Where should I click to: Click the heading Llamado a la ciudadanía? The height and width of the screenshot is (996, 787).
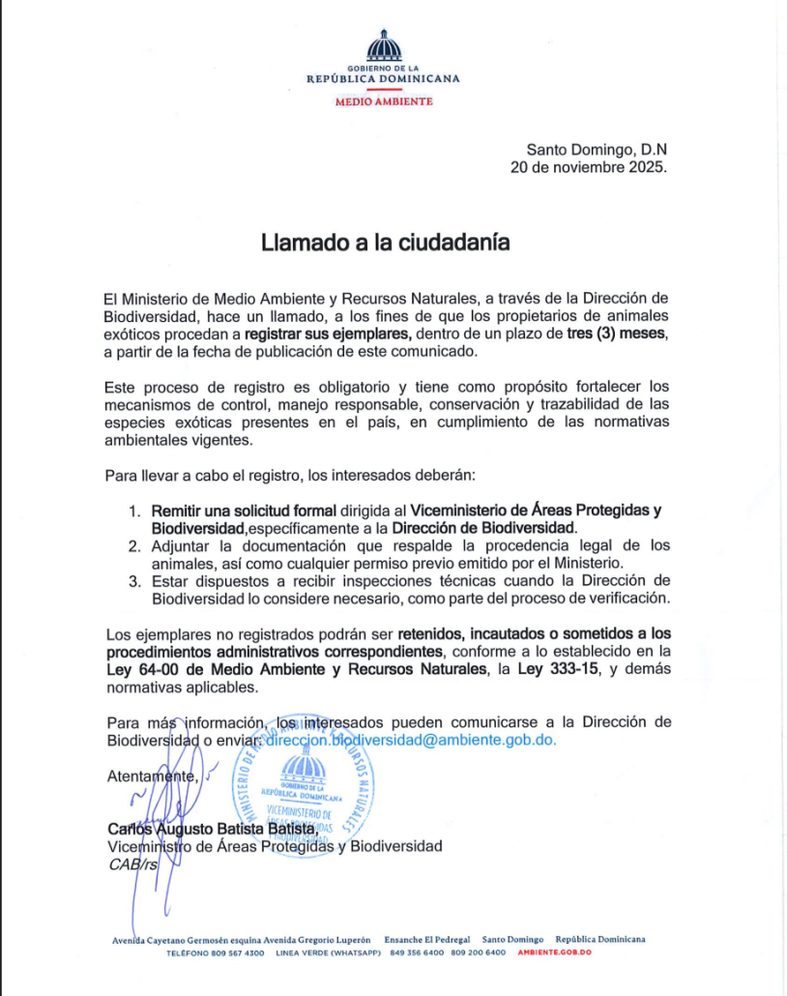coord(385,243)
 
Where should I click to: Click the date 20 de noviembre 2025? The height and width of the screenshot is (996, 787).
coord(588,166)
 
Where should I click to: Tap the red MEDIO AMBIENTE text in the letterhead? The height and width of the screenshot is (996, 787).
coord(384,102)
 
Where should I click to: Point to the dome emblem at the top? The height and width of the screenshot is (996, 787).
coord(384,45)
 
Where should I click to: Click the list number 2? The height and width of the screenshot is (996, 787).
coord(134,545)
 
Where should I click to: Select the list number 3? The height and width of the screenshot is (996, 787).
coord(134,580)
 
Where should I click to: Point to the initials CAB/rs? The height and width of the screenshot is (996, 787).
coord(132,864)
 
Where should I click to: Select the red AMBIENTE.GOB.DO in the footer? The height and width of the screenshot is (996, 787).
coord(554,953)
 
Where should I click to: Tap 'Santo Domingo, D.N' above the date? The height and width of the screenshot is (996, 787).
coord(597,149)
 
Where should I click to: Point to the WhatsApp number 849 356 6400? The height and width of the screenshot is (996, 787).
coord(417,953)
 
